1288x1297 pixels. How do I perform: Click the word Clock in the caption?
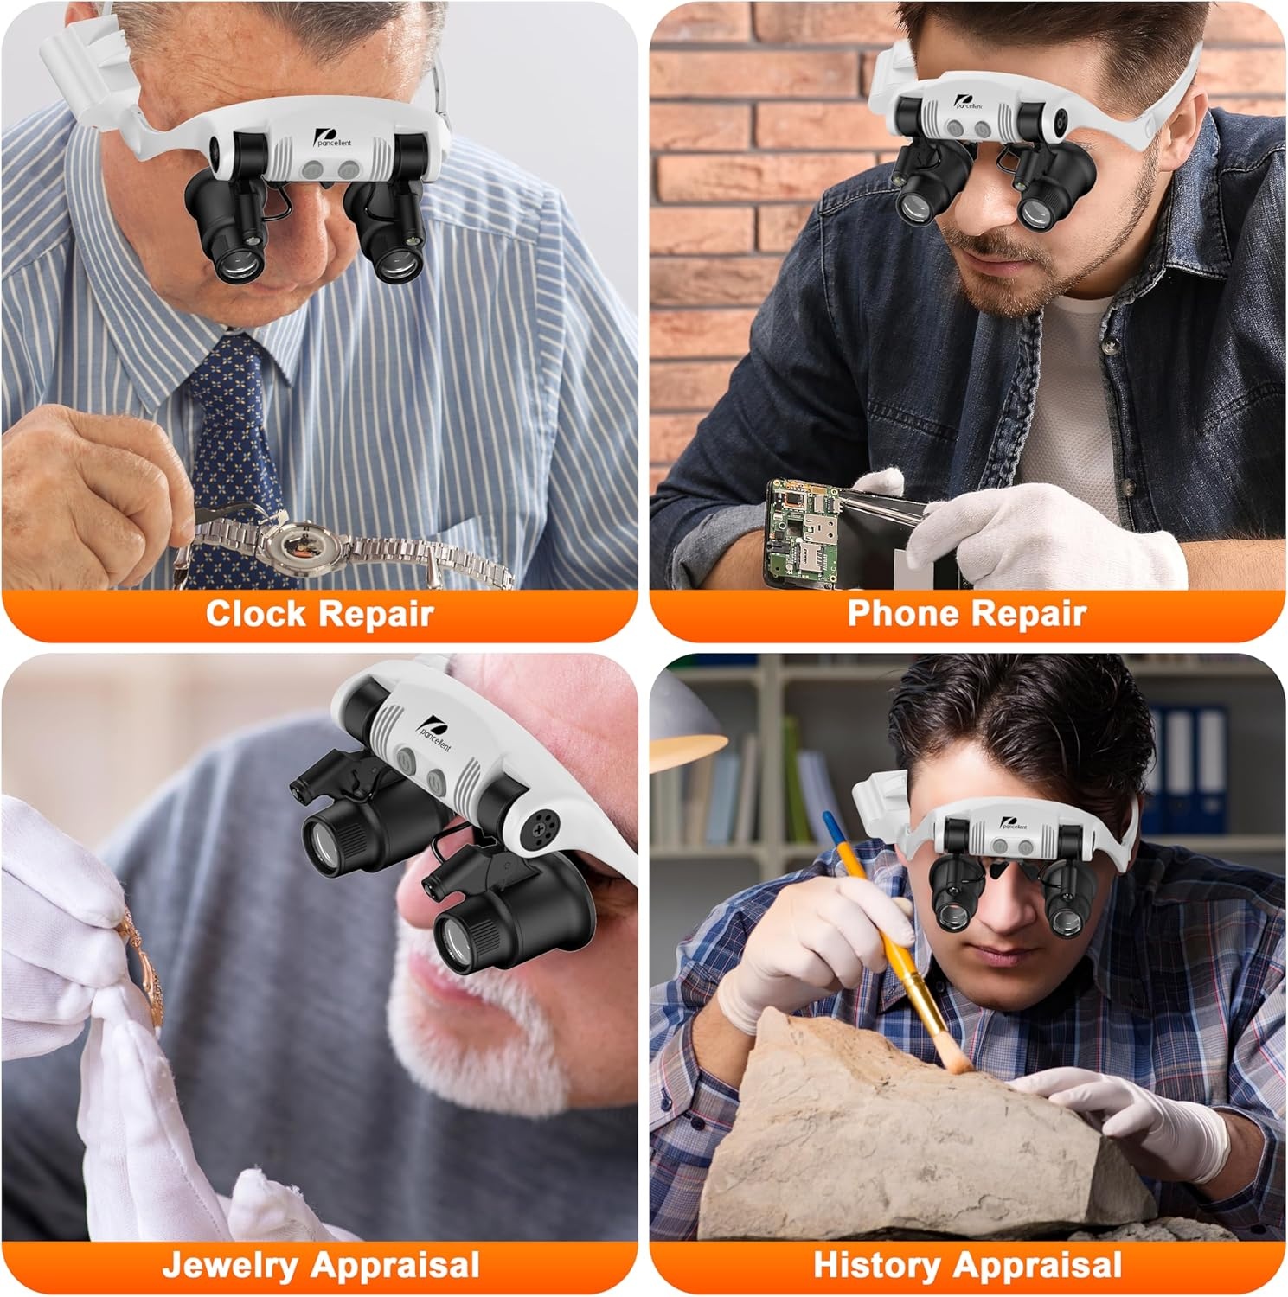255,614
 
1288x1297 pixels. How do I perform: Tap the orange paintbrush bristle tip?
956,1058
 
